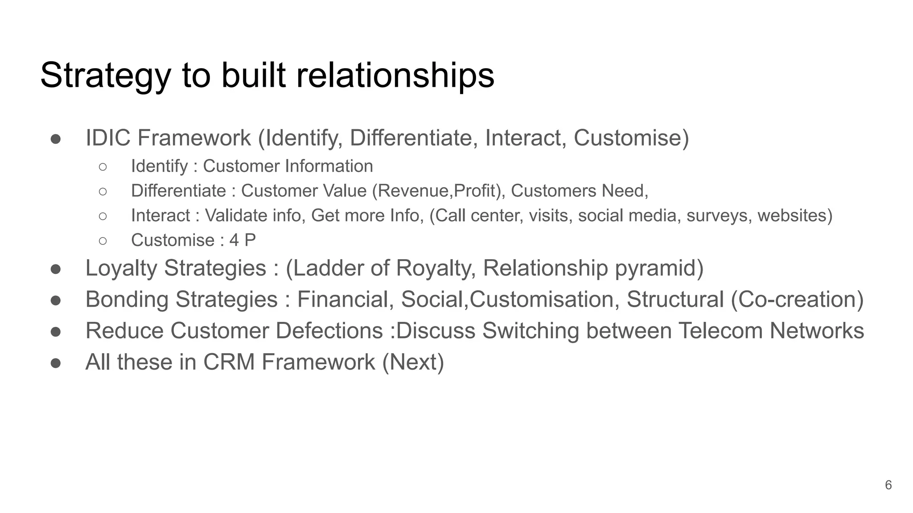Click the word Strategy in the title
tap(106, 76)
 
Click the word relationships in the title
tap(395, 76)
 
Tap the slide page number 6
tap(888, 485)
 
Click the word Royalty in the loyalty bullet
tap(436, 268)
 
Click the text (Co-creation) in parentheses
tap(797, 299)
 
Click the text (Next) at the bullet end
tap(413, 362)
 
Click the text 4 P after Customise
tap(243, 240)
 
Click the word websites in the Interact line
tap(794, 216)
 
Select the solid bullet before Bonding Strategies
tap(56, 300)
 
